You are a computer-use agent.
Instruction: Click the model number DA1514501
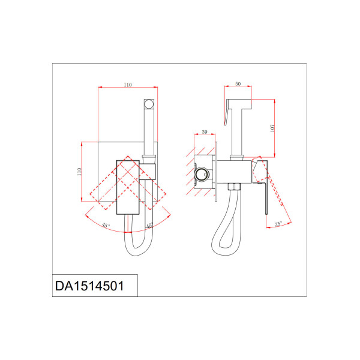pos(89,286)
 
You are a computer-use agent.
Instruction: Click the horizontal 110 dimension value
pos(128,85)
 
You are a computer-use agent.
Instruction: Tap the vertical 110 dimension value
pos(79,172)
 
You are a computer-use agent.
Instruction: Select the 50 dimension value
pos(238,84)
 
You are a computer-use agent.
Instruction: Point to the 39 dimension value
pos(205,132)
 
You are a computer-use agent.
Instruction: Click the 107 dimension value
pos(272,128)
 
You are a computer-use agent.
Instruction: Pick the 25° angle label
pos(278,224)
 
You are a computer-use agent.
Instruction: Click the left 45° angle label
pos(106,225)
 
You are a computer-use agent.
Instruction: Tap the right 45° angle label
pos(149,226)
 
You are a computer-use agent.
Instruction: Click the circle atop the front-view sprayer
pos(149,104)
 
